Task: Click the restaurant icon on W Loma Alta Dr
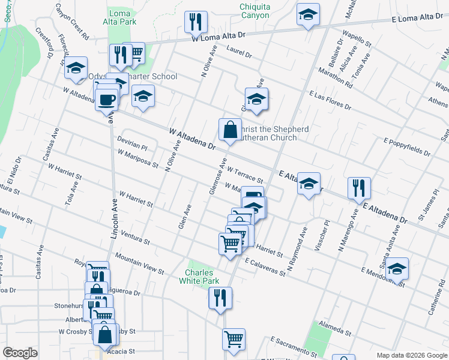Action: tap(195, 23)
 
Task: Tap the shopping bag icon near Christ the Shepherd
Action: tap(231, 130)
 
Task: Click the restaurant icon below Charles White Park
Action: tap(220, 298)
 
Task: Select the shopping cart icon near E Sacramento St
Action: tap(234, 339)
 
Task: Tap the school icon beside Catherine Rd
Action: tap(397, 268)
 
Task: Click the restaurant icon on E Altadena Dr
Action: tap(358, 188)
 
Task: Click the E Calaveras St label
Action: tap(265, 267)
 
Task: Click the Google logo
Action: tap(20, 353)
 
